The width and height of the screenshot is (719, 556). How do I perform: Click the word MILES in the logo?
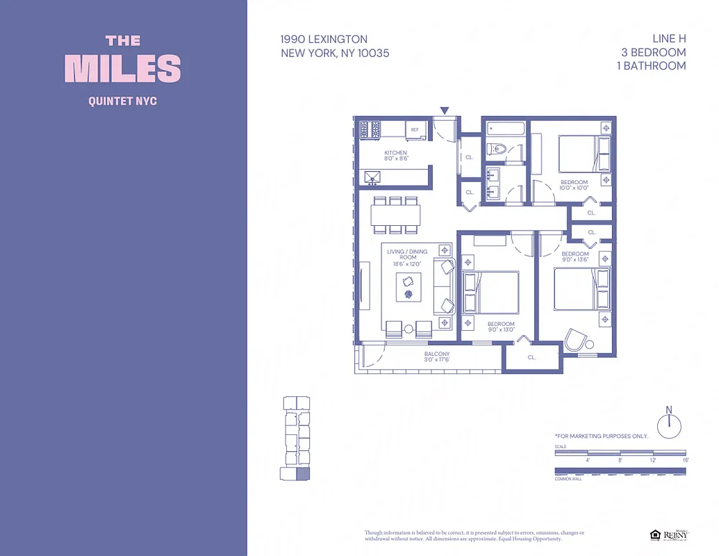pyautogui.click(x=123, y=68)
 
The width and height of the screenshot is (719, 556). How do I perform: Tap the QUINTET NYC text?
pyautogui.click(x=123, y=101)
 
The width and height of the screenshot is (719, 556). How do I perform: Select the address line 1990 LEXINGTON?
pyautogui.click(x=324, y=39)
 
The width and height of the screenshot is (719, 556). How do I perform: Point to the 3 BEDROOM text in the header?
pyautogui.click(x=653, y=52)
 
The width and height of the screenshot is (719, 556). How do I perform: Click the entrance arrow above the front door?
pyautogui.click(x=445, y=110)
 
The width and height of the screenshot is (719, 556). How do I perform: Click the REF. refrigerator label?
pyautogui.click(x=415, y=130)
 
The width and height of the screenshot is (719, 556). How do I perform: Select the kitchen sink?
pyautogui.click(x=372, y=178)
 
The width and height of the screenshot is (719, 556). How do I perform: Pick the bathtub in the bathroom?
pyautogui.click(x=506, y=129)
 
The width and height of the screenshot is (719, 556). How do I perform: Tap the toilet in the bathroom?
pyautogui.click(x=496, y=149)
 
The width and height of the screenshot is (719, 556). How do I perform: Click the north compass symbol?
pyautogui.click(x=669, y=424)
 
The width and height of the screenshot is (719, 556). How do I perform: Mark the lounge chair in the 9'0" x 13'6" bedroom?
pyautogui.click(x=577, y=340)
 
